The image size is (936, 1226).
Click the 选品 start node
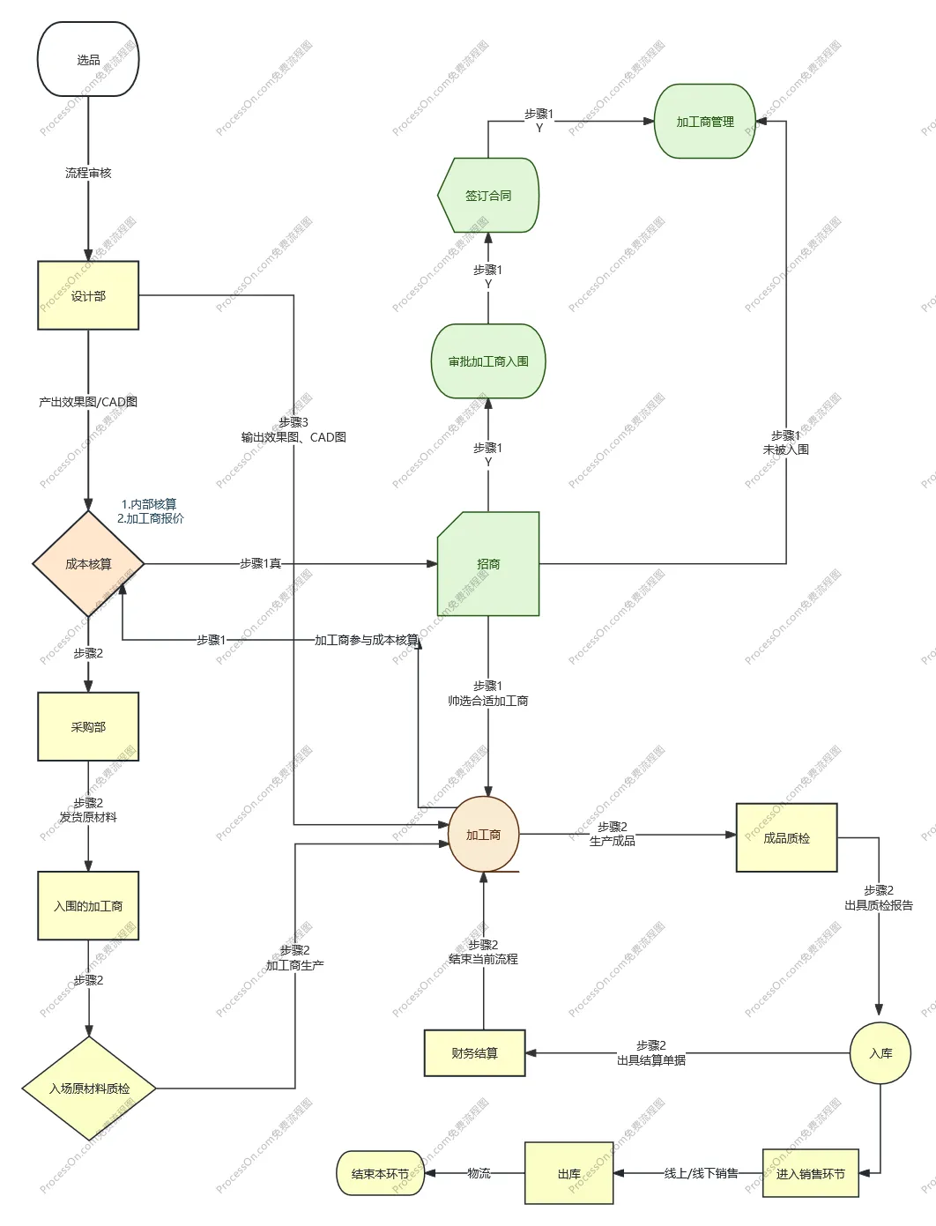coord(88,60)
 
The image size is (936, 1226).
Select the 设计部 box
coord(88,295)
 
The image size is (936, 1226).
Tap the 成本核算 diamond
coord(88,564)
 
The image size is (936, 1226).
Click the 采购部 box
coord(88,726)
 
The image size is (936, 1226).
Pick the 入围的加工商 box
coord(88,905)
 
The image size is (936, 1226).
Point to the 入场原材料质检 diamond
coord(89,1089)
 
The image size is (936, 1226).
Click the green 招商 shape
coord(488,564)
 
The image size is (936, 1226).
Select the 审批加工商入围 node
coord(488,361)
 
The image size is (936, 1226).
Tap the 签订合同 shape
coord(488,196)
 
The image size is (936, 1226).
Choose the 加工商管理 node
coord(705,122)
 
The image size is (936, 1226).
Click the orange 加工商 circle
coord(483,835)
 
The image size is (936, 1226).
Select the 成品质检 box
coord(786,837)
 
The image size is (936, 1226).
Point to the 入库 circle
coord(880,1053)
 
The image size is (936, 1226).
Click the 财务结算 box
coord(474,1053)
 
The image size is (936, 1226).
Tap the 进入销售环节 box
coord(810,1173)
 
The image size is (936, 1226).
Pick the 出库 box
coord(569,1173)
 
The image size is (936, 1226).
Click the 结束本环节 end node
coord(380,1173)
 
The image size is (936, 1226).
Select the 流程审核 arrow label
coord(88,173)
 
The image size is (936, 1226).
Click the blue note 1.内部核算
coord(149,504)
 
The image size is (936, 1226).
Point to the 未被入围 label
coord(785,450)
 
